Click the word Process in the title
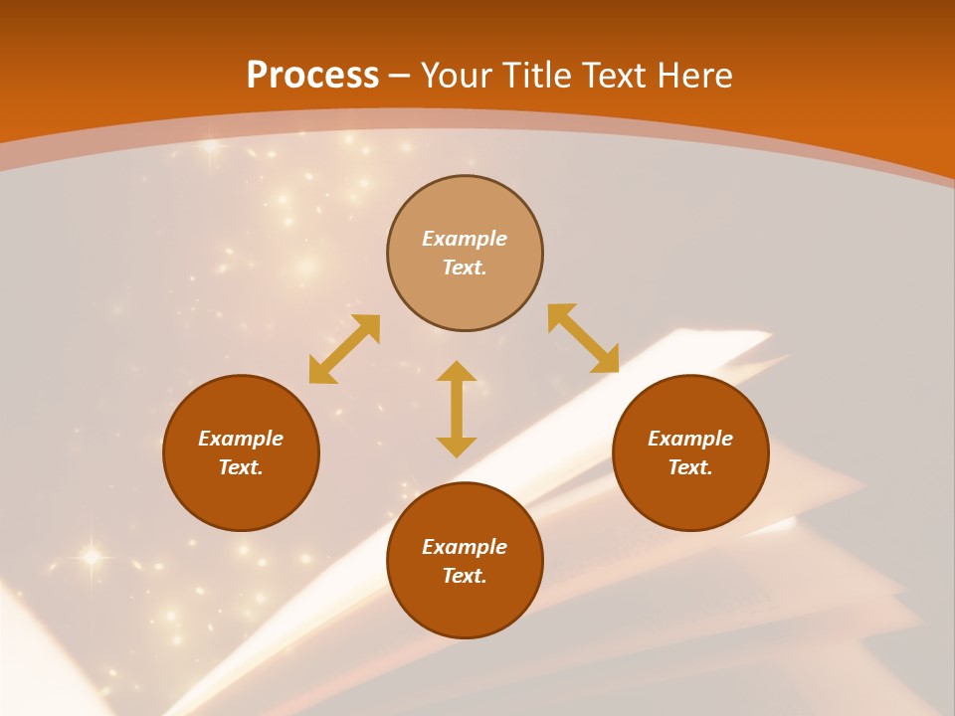pyautogui.click(x=312, y=76)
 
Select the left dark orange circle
pyautogui.click(x=241, y=497)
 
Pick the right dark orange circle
pyautogui.click(x=690, y=497)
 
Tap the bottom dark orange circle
pyautogui.click(x=465, y=607)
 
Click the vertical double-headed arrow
pyautogui.click(x=457, y=410)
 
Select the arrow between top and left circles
pyautogui.click(x=344, y=349)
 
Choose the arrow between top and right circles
pyautogui.click(x=583, y=338)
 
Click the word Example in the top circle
pyautogui.click(x=465, y=239)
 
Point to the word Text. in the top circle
pyautogui.click(x=465, y=268)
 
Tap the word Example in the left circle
pyautogui.click(x=241, y=439)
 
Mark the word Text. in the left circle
pyautogui.click(x=241, y=467)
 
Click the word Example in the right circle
pyautogui.click(x=690, y=439)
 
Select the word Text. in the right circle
pyautogui.click(x=690, y=467)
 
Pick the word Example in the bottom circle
pyautogui.click(x=465, y=547)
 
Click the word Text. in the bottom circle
pyautogui.click(x=465, y=576)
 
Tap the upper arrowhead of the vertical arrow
pyautogui.click(x=457, y=371)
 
